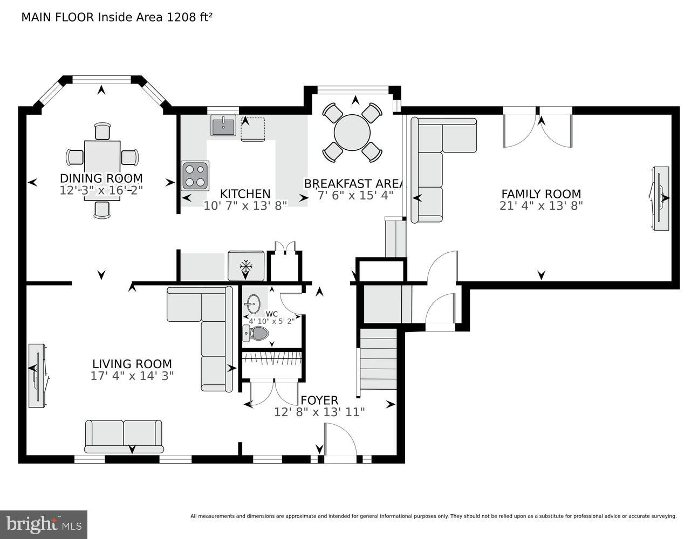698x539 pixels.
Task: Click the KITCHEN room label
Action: (245, 194)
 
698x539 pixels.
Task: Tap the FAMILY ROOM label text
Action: (541, 194)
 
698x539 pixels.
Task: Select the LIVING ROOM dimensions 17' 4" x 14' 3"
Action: (132, 376)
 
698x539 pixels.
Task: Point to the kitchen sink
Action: (223, 127)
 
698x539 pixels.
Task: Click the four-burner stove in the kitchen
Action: (195, 175)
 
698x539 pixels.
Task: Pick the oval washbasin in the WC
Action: (253, 303)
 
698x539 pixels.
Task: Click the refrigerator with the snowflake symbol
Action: (246, 266)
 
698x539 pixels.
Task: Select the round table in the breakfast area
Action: (352, 133)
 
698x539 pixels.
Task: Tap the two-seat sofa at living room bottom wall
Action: (124, 436)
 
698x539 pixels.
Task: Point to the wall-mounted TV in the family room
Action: (660, 198)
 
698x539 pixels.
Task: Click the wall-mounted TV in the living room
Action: (37, 375)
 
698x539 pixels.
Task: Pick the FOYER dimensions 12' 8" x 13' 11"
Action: (319, 412)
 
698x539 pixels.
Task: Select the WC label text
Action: (271, 314)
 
